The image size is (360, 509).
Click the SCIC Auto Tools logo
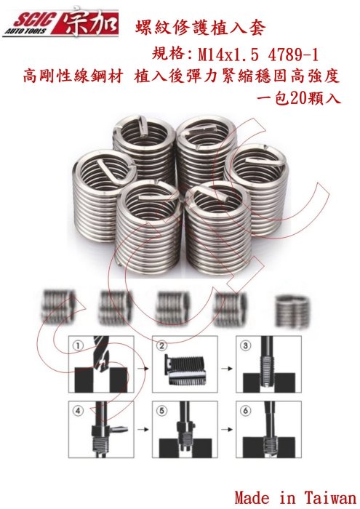pyautogui.click(x=60, y=23)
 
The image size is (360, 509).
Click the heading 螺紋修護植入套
pyautogui.click(x=200, y=28)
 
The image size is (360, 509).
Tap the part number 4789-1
pyautogui.click(x=293, y=55)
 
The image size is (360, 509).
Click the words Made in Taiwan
pyautogui.click(x=295, y=497)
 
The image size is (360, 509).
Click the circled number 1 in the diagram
pyautogui.click(x=79, y=345)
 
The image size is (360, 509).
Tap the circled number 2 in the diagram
pyautogui.click(x=162, y=345)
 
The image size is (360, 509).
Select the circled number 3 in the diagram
pyautogui.click(x=246, y=345)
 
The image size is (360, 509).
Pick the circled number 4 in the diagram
pyautogui.click(x=79, y=411)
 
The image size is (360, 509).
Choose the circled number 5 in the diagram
pyautogui.click(x=162, y=411)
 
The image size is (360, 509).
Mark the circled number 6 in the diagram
pyautogui.click(x=246, y=411)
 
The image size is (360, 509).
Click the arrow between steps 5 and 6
pyautogui.click(x=227, y=430)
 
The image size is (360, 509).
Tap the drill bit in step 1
pyautogui.click(x=101, y=354)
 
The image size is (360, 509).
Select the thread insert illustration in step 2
pyautogui.click(x=185, y=370)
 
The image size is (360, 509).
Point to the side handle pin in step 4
pyautogui.click(x=118, y=430)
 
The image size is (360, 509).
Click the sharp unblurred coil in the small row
pyautogui.click(x=292, y=310)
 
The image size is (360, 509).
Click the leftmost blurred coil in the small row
pyautogui.click(x=57, y=307)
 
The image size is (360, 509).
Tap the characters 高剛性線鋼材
pyautogui.click(x=73, y=77)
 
